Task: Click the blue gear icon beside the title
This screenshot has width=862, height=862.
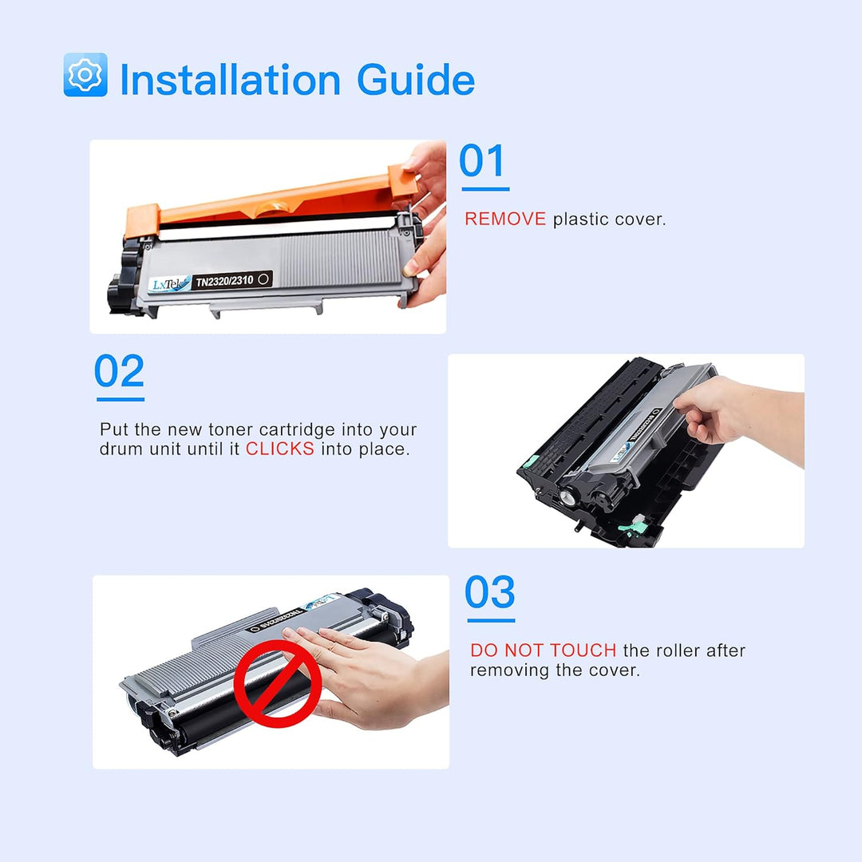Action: pos(85,75)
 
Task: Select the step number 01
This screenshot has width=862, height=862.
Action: pos(483,162)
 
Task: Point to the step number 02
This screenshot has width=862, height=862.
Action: pos(120,372)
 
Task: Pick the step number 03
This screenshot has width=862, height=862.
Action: pos(490,593)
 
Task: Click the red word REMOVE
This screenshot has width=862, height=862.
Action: pos(505,219)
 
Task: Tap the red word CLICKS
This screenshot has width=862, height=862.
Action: pos(279,449)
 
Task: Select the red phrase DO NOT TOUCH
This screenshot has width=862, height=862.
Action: pos(543,651)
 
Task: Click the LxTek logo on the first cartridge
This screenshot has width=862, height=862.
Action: pos(170,284)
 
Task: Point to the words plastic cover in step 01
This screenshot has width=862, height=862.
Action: pos(608,219)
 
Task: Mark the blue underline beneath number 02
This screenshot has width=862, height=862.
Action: pos(121,399)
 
